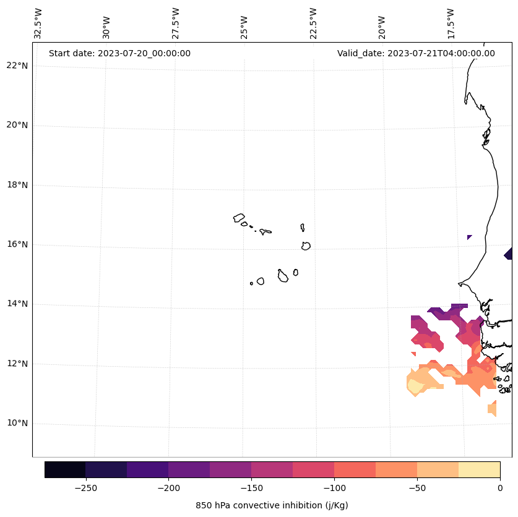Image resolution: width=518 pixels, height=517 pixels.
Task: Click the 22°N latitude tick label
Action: point(17,66)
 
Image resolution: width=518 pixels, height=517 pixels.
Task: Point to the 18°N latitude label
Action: point(17,185)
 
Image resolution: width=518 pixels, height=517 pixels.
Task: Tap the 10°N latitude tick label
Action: point(17,423)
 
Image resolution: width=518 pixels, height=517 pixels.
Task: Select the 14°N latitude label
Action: point(17,304)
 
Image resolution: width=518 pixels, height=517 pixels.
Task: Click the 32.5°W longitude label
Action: point(38,23)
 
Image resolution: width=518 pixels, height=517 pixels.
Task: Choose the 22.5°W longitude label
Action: point(313,23)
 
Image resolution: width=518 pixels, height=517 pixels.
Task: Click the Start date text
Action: point(119,53)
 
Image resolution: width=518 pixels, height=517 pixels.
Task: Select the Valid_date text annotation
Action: point(416,53)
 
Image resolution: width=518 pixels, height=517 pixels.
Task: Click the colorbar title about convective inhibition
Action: point(272,505)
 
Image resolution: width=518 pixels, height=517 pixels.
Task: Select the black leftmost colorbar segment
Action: point(65,469)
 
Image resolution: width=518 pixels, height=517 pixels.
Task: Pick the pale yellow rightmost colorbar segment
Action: point(479,469)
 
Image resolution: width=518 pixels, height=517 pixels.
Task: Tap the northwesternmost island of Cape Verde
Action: point(239,218)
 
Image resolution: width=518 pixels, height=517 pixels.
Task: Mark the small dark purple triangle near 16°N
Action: point(469,237)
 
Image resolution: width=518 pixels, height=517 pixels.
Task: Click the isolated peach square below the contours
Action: point(492,408)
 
